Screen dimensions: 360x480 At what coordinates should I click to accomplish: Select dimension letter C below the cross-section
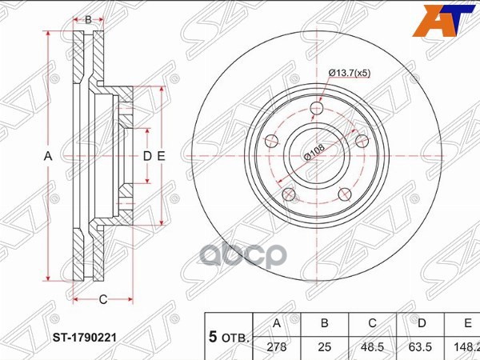tap(103, 300)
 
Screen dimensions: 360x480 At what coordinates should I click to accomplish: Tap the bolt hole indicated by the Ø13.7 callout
tap(317, 109)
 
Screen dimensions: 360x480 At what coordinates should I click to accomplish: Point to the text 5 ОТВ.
tap(229, 338)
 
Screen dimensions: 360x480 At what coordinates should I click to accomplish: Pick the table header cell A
tap(278, 323)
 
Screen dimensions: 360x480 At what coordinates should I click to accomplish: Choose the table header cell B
tap(324, 323)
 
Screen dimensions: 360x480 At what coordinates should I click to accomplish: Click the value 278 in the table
tap(278, 347)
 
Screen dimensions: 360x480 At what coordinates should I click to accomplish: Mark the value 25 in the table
tap(324, 347)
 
